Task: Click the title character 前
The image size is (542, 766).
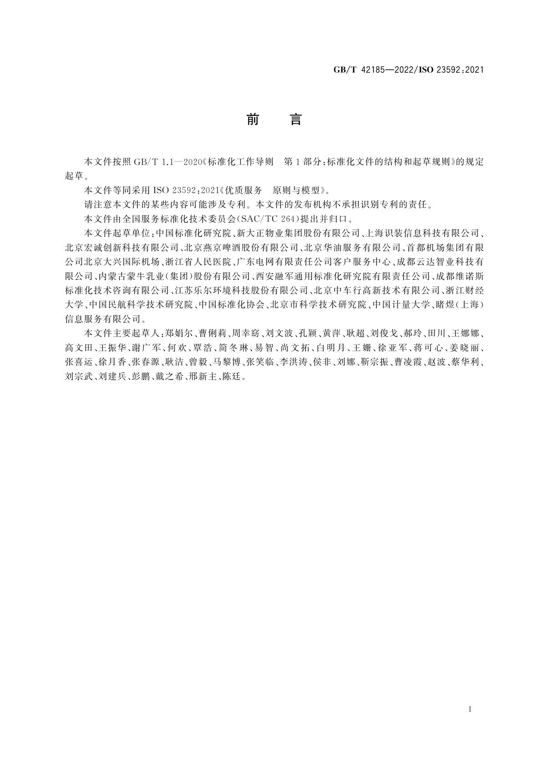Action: (252, 120)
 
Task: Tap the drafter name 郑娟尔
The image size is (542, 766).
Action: (175, 333)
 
